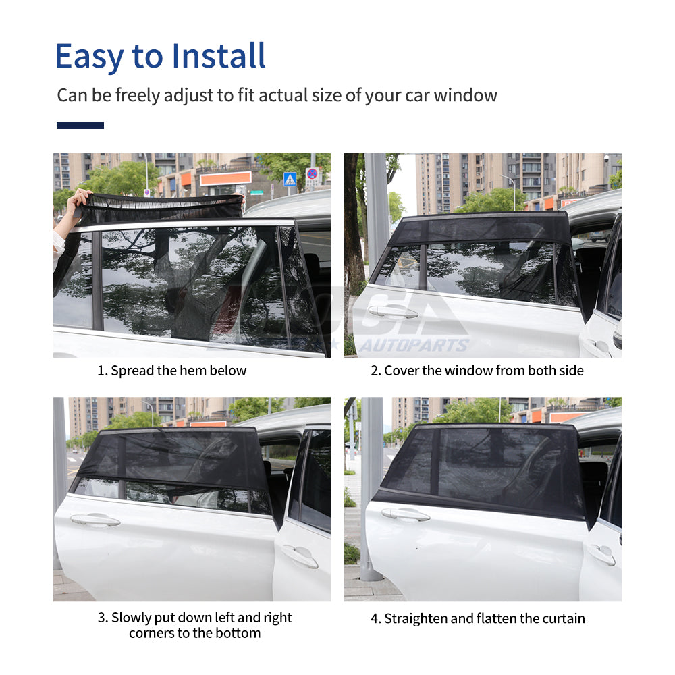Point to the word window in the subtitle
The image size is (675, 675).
tap(465, 95)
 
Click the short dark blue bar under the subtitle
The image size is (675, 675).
tap(80, 126)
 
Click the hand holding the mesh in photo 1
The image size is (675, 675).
tap(80, 198)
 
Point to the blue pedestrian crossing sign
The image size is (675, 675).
tap(290, 179)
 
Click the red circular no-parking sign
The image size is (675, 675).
tap(312, 174)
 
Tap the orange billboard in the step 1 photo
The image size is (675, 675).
tap(225, 179)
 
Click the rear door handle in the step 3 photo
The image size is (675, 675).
tap(95, 520)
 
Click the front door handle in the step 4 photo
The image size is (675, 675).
tap(600, 553)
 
